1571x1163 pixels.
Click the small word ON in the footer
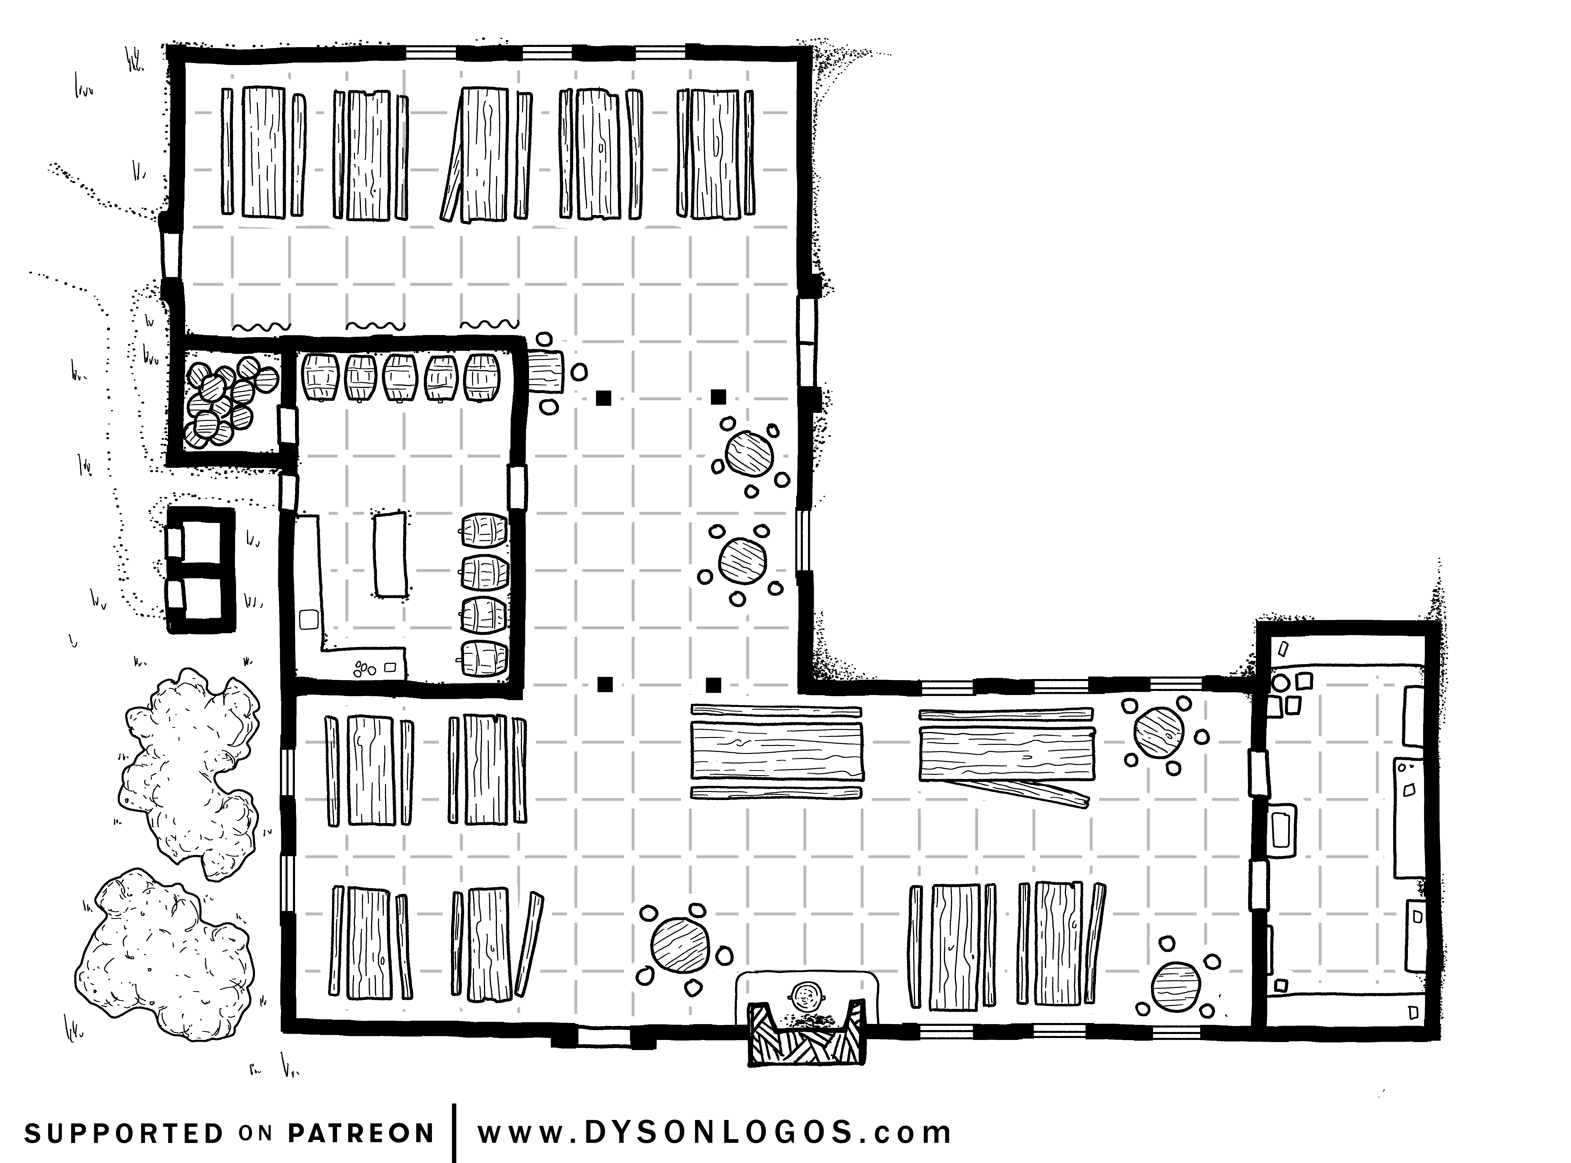point(255,1133)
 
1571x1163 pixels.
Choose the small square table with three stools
point(546,372)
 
